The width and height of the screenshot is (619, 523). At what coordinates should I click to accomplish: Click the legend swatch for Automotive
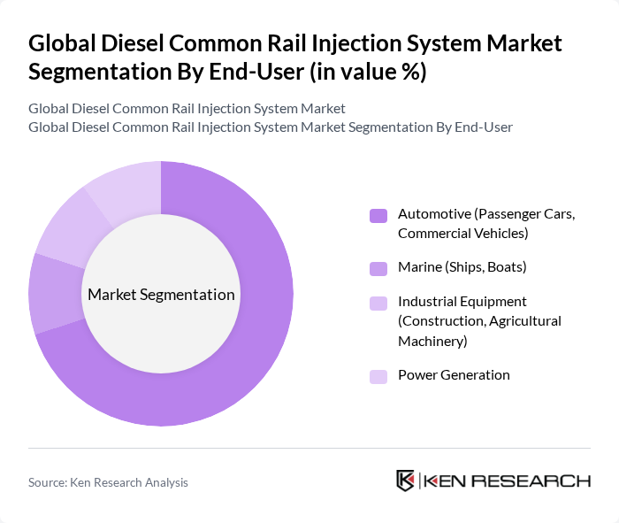(x=378, y=215)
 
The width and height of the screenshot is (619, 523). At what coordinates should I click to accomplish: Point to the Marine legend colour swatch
(x=378, y=267)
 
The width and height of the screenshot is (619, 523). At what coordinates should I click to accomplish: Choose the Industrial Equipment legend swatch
(x=378, y=303)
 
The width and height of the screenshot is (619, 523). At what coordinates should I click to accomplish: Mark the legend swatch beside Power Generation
(x=378, y=376)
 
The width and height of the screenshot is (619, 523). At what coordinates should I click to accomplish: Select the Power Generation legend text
(x=454, y=375)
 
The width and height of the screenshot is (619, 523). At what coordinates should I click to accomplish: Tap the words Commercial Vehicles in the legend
(x=462, y=234)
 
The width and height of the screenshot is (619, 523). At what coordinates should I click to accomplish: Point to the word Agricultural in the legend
(x=523, y=320)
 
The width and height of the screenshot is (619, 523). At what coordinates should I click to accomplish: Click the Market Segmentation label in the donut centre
(x=161, y=295)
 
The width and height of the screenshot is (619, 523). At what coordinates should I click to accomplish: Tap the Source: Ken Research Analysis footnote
(x=108, y=482)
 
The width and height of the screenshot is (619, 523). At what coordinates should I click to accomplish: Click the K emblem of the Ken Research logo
(x=406, y=481)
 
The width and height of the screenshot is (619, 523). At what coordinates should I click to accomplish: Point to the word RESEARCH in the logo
(x=540, y=481)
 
